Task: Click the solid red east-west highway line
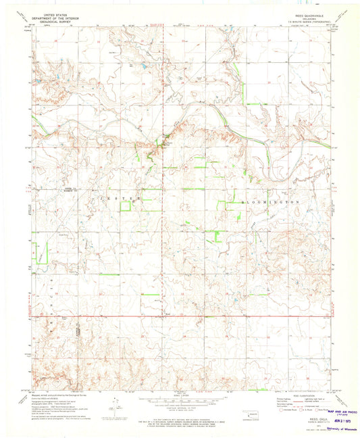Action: pos(203,315)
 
